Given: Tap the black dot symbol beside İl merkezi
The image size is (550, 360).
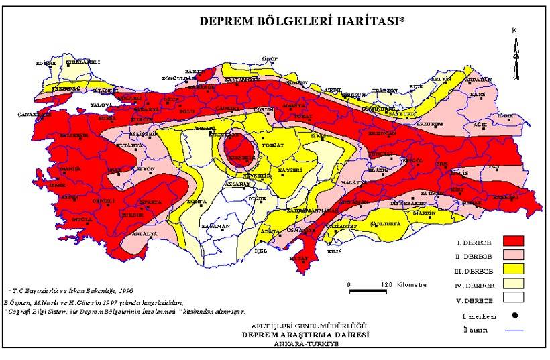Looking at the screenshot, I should (513, 314).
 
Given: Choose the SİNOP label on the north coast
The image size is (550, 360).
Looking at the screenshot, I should (269, 59).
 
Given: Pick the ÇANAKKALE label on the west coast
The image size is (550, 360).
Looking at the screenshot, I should (34, 115).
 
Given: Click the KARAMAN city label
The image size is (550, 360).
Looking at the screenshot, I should (216, 227).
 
